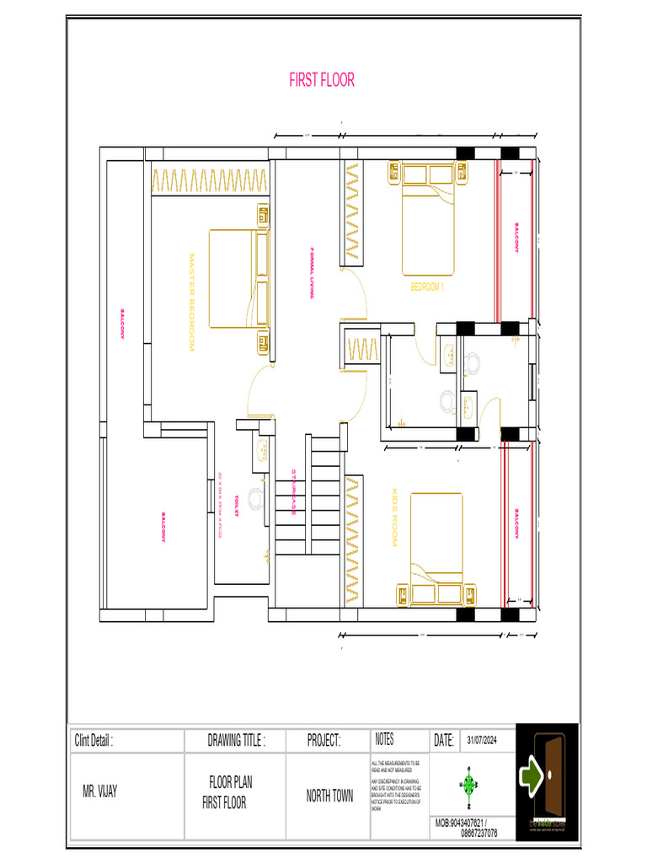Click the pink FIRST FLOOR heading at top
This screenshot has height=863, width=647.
tap(322, 80)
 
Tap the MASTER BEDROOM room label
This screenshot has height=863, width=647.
tap(191, 303)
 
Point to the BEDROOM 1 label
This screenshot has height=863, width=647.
tap(426, 287)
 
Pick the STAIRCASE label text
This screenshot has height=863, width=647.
tap(293, 492)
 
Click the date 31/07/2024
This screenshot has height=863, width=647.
tap(483, 740)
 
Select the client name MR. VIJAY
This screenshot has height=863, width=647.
tap(99, 793)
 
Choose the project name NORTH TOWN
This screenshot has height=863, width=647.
tap(329, 796)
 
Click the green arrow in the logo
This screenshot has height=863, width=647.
tap(532, 774)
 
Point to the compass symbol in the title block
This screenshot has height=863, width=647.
tap(468, 785)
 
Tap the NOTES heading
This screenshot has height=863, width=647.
tap(383, 739)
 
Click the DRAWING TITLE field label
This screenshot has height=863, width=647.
tap(236, 741)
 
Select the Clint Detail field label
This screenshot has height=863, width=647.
tap(94, 741)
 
